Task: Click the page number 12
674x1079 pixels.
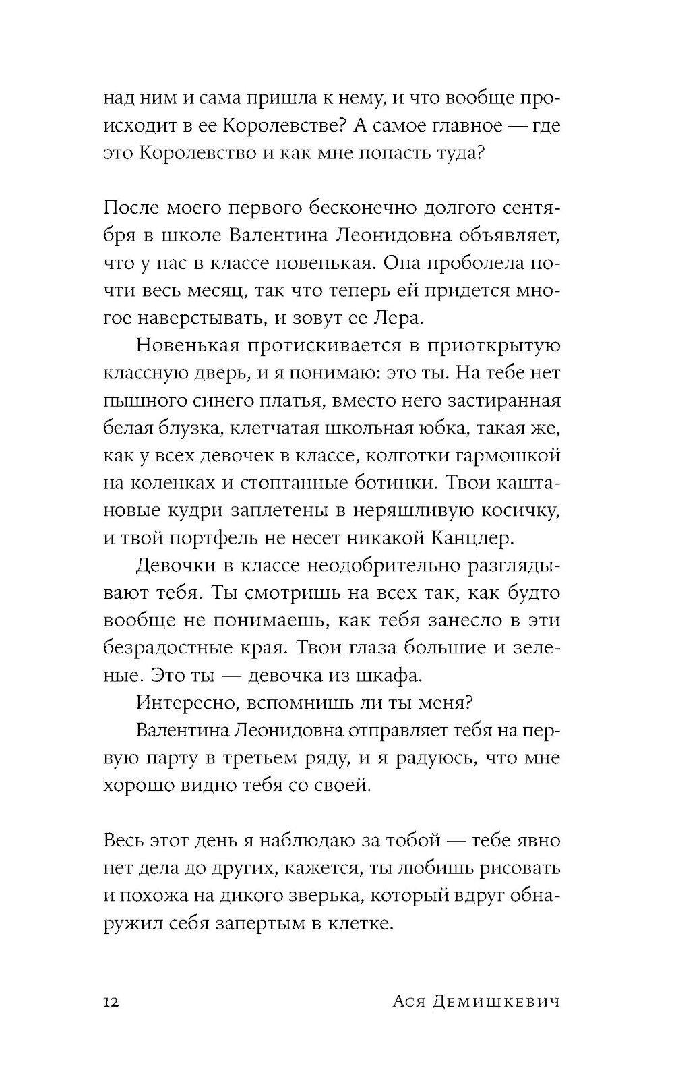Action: pyautogui.click(x=111, y=1002)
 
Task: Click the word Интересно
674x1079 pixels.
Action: pyautogui.click(x=179, y=703)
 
